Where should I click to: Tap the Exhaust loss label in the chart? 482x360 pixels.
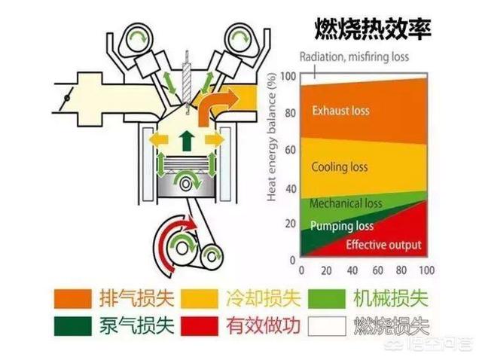point(340,111)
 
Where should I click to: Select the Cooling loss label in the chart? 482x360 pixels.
point(340,167)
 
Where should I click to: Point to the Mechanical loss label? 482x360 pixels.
point(346,203)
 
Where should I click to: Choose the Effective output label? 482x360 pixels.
point(383,245)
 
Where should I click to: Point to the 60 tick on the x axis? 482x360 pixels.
point(376,270)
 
